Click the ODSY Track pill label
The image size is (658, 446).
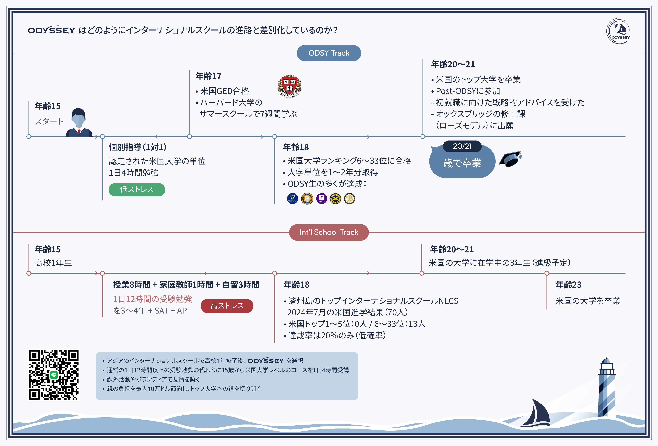(x=329, y=53)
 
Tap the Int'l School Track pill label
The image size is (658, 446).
(x=329, y=232)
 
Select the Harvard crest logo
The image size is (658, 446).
(x=289, y=86)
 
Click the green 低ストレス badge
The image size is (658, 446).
(x=137, y=189)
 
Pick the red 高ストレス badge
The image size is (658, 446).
(x=227, y=306)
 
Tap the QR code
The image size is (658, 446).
(x=54, y=375)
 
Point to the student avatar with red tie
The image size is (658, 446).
(x=79, y=123)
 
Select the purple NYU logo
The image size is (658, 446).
(x=321, y=198)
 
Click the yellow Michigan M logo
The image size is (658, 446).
(x=335, y=198)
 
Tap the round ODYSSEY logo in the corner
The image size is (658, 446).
(x=618, y=31)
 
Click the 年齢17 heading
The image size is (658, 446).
(x=208, y=76)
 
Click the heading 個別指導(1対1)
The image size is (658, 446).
(x=138, y=147)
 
